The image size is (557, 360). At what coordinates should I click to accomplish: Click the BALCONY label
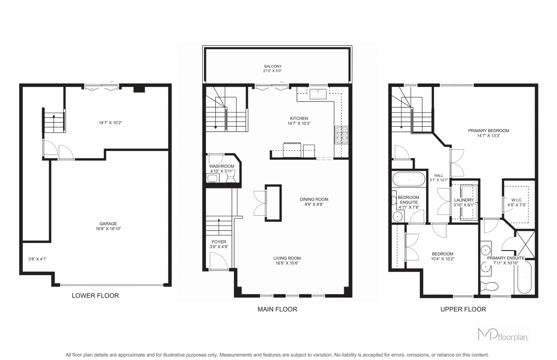click(273, 66)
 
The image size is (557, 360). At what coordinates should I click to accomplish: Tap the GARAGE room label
click(108, 224)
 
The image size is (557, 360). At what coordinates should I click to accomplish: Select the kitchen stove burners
click(342, 135)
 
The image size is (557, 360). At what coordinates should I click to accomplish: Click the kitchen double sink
click(318, 94)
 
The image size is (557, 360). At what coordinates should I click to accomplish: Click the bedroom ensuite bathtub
click(408, 179)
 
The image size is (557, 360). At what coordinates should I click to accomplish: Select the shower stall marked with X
click(525, 244)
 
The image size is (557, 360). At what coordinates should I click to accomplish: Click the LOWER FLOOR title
click(95, 296)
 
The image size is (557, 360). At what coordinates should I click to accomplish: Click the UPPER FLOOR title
click(463, 309)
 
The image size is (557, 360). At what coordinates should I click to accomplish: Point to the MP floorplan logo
click(503, 334)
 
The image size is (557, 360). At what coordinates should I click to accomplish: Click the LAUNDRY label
click(464, 200)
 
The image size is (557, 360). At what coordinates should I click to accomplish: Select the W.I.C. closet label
click(517, 200)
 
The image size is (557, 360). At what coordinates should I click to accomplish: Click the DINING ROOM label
click(314, 199)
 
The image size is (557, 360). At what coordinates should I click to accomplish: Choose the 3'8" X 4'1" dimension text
click(37, 259)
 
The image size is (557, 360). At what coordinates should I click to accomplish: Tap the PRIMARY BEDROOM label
click(489, 131)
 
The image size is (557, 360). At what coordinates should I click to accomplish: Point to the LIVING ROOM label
click(287, 258)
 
